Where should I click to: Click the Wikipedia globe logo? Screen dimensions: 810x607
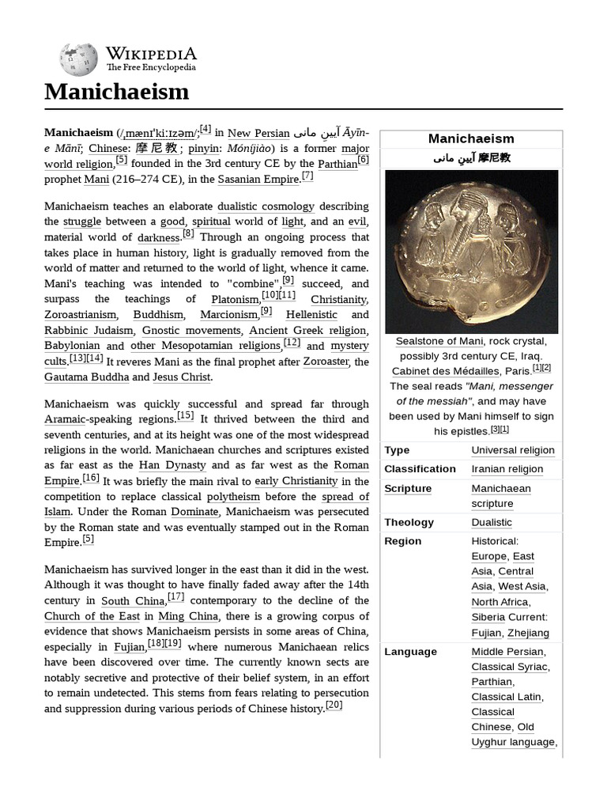[78, 59]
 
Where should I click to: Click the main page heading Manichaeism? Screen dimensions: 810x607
[117, 92]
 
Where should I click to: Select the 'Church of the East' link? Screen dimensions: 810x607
[92, 616]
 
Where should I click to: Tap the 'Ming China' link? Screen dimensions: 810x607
[181, 616]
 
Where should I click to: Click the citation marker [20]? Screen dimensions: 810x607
[334, 705]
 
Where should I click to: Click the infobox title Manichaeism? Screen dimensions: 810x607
[471, 138]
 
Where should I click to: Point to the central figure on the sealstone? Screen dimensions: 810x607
[469, 237]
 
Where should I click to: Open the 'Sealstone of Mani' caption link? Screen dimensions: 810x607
[439, 341]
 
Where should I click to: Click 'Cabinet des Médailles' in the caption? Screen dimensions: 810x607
[445, 371]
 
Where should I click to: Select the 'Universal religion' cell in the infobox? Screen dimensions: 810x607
[513, 450]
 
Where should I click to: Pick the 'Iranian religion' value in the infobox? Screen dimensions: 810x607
[507, 469]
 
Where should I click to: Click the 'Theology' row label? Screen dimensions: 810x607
[409, 522]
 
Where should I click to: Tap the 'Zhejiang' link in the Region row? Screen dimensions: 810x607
[529, 633]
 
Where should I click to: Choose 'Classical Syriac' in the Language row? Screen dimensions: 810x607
[510, 667]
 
